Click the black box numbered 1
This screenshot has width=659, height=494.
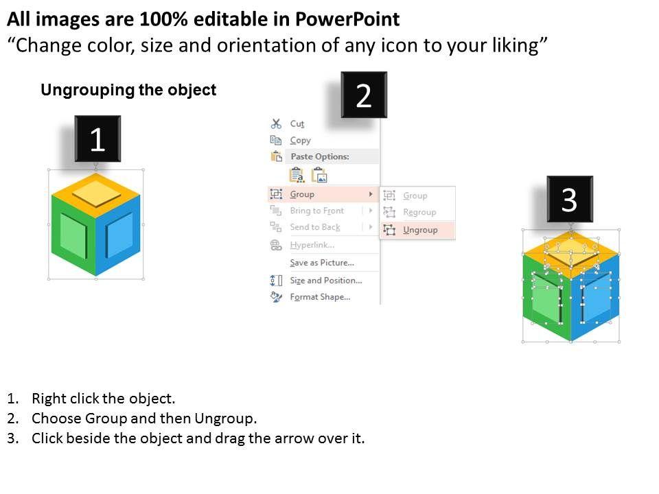[x=97, y=139]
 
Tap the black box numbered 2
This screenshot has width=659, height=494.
[x=364, y=95]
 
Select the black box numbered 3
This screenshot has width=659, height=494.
[x=570, y=199]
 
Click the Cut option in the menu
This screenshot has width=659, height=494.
[x=297, y=124]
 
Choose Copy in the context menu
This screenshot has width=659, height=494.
[x=301, y=140]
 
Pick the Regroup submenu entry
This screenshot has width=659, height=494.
[x=419, y=212]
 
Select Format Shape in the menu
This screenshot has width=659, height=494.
[x=321, y=297]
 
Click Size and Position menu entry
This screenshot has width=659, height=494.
[x=326, y=280]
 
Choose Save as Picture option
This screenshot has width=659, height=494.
[x=322, y=263]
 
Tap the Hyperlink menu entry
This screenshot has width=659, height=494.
[x=312, y=245]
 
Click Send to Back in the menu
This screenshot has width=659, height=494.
[x=315, y=227]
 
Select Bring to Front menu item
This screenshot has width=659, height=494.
[x=317, y=211]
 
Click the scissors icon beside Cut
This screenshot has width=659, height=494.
[x=276, y=123]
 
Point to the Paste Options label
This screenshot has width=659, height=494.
[x=320, y=156]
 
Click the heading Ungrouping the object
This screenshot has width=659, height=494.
[x=128, y=90]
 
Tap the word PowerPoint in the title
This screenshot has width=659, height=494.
[x=347, y=19]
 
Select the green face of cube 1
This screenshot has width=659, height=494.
[x=73, y=235]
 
